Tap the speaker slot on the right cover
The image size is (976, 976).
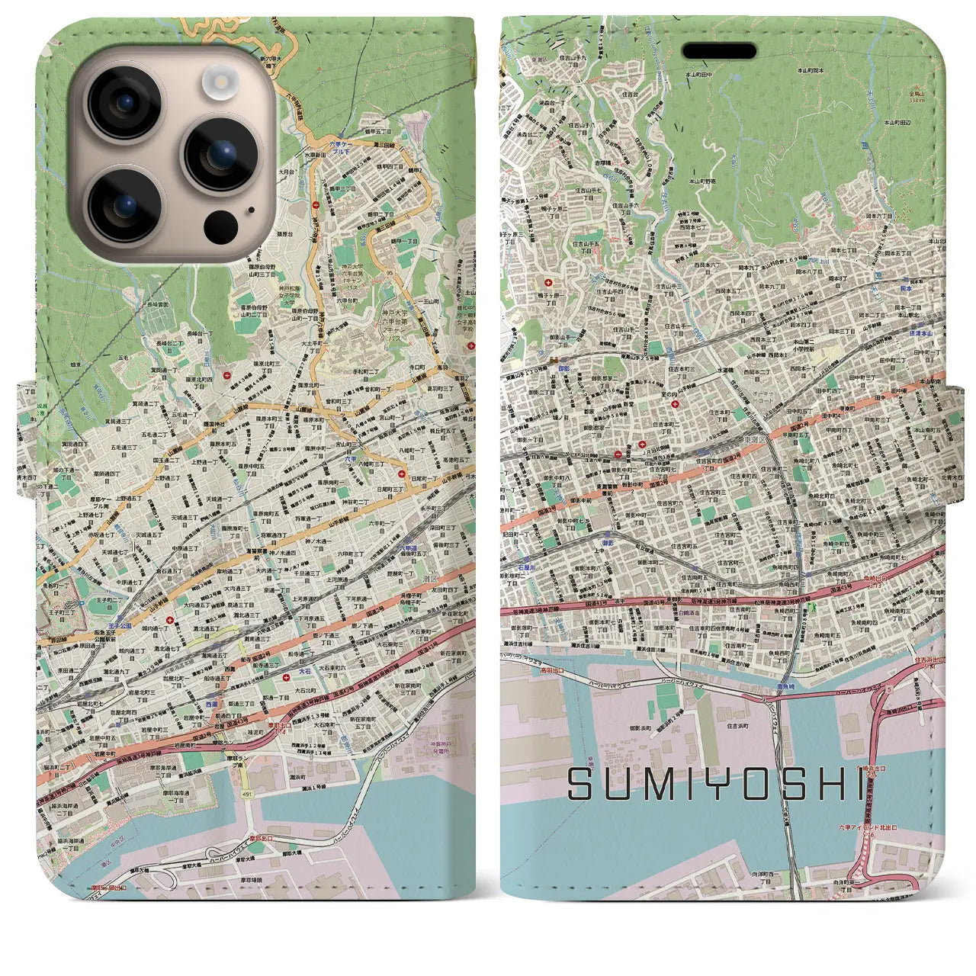719,52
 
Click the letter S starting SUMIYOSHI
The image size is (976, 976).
581,785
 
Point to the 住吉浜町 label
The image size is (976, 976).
738,726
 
